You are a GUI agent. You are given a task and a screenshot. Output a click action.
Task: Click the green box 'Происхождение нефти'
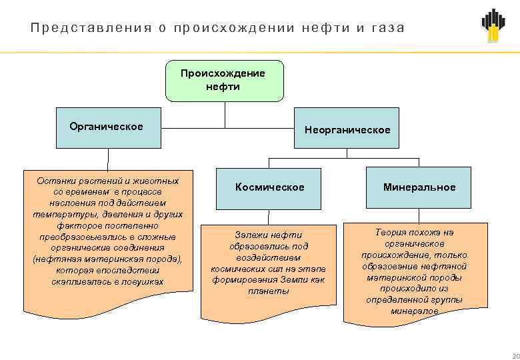click(x=224, y=81)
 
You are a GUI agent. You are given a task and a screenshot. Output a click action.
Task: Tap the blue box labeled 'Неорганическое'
click(x=347, y=128)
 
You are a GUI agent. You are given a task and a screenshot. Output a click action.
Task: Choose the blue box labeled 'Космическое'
click(x=269, y=187)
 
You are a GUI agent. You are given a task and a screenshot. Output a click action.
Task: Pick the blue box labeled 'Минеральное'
click(x=419, y=187)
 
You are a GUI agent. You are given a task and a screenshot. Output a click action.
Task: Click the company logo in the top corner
click(x=494, y=25)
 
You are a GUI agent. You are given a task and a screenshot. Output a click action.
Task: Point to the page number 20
click(x=513, y=354)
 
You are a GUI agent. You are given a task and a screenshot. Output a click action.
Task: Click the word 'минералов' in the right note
click(x=414, y=311)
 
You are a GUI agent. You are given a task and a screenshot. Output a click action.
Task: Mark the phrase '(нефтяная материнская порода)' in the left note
click(x=107, y=259)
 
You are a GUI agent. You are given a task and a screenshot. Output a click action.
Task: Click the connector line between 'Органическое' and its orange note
click(x=108, y=160)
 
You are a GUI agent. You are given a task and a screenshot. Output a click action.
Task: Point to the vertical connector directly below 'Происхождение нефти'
click(x=225, y=113)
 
